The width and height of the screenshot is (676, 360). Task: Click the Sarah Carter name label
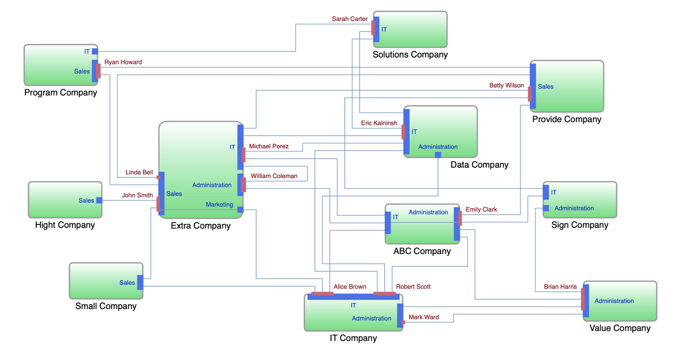tap(349, 19)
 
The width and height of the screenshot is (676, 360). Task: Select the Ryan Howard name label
tap(123, 62)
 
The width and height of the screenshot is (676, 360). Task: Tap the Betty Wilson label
tap(506, 85)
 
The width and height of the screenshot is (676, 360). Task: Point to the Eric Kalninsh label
tap(379, 123)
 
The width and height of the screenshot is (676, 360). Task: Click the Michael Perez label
tap(269, 146)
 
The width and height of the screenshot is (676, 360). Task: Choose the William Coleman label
tap(274, 176)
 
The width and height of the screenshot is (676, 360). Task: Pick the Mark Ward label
tap(423, 317)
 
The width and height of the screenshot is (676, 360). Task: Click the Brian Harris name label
tap(560, 287)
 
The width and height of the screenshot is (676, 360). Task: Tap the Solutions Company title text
tap(410, 55)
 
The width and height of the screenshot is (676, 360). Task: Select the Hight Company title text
tap(65, 225)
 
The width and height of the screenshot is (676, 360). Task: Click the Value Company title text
tap(620, 328)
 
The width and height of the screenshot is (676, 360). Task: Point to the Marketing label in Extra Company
tap(219, 204)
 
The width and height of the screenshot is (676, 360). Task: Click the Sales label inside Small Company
tap(127, 283)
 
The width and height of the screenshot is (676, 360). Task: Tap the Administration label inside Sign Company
tap(574, 208)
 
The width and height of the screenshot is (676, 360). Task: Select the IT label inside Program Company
tap(87, 52)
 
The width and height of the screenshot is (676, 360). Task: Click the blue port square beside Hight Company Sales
tap(99, 200)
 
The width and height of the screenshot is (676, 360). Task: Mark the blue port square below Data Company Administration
tap(438, 155)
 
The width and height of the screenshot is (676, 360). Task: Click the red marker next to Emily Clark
tap(460, 218)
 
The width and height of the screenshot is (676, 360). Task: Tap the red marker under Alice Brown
tap(322, 294)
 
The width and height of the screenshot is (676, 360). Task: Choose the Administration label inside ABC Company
tap(428, 212)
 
